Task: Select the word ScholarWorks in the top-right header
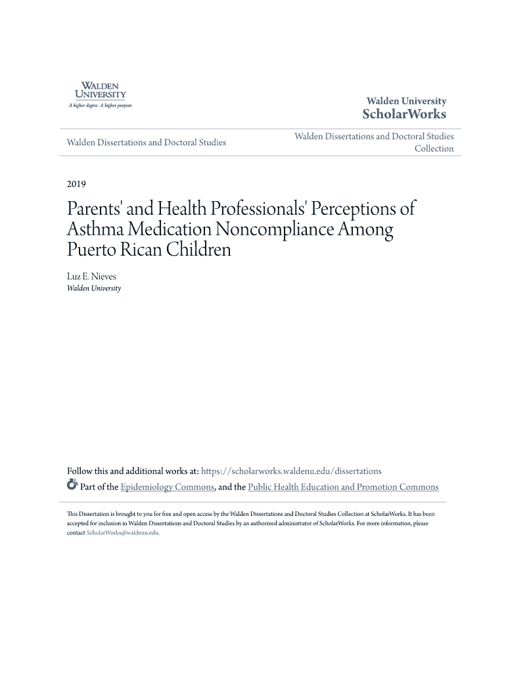[404, 114]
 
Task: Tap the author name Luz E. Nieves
[91, 277]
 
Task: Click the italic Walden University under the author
[94, 288]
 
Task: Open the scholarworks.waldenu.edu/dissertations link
[291, 471]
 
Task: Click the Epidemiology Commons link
[168, 487]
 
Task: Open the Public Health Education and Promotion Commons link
[343, 487]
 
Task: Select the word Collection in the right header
[434, 149]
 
